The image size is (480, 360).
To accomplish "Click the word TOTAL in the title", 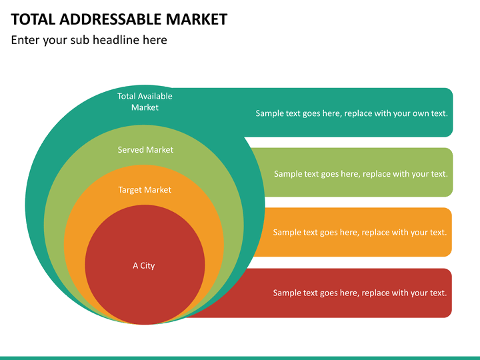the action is click(x=33, y=19).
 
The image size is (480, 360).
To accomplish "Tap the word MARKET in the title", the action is click(x=197, y=19).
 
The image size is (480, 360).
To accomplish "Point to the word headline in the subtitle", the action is click(x=116, y=40).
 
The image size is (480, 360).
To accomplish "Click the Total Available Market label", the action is click(x=145, y=101).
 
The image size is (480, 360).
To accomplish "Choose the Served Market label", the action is click(x=145, y=150).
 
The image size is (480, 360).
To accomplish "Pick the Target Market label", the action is click(x=145, y=190).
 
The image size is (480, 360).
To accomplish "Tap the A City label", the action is click(x=143, y=266).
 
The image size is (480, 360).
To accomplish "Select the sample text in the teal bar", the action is click(x=352, y=113).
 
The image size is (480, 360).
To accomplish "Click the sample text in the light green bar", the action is click(x=361, y=174).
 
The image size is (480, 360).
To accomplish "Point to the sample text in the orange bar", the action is click(x=360, y=233).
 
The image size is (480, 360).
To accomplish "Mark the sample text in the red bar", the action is click(x=360, y=293).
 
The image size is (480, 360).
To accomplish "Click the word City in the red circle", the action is click(x=147, y=266).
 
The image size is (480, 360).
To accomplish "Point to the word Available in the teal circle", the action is click(x=155, y=96).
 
